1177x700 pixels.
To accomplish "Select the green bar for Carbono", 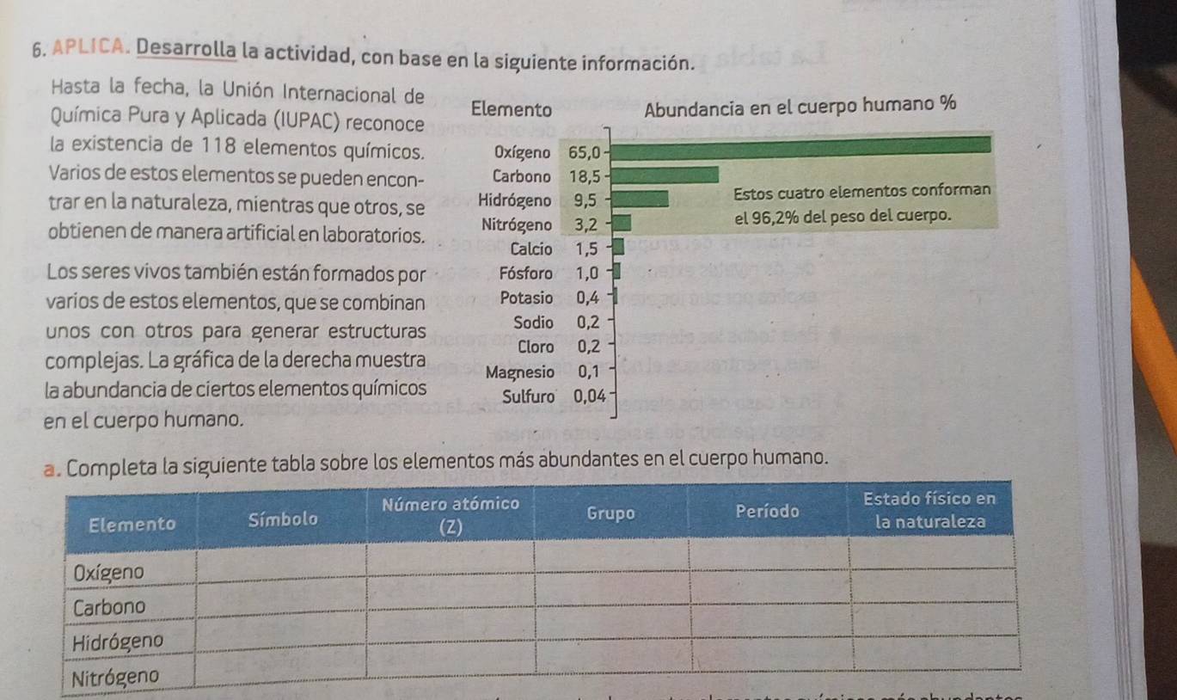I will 667,175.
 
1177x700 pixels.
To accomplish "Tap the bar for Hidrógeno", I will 640,200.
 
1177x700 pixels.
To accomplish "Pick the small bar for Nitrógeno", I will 622,225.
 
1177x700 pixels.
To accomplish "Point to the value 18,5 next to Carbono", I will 585,177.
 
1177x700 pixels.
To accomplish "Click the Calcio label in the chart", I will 530,250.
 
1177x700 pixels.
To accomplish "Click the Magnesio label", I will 519,373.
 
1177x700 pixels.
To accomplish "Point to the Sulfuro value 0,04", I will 590,396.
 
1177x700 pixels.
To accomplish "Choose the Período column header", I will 768,510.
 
